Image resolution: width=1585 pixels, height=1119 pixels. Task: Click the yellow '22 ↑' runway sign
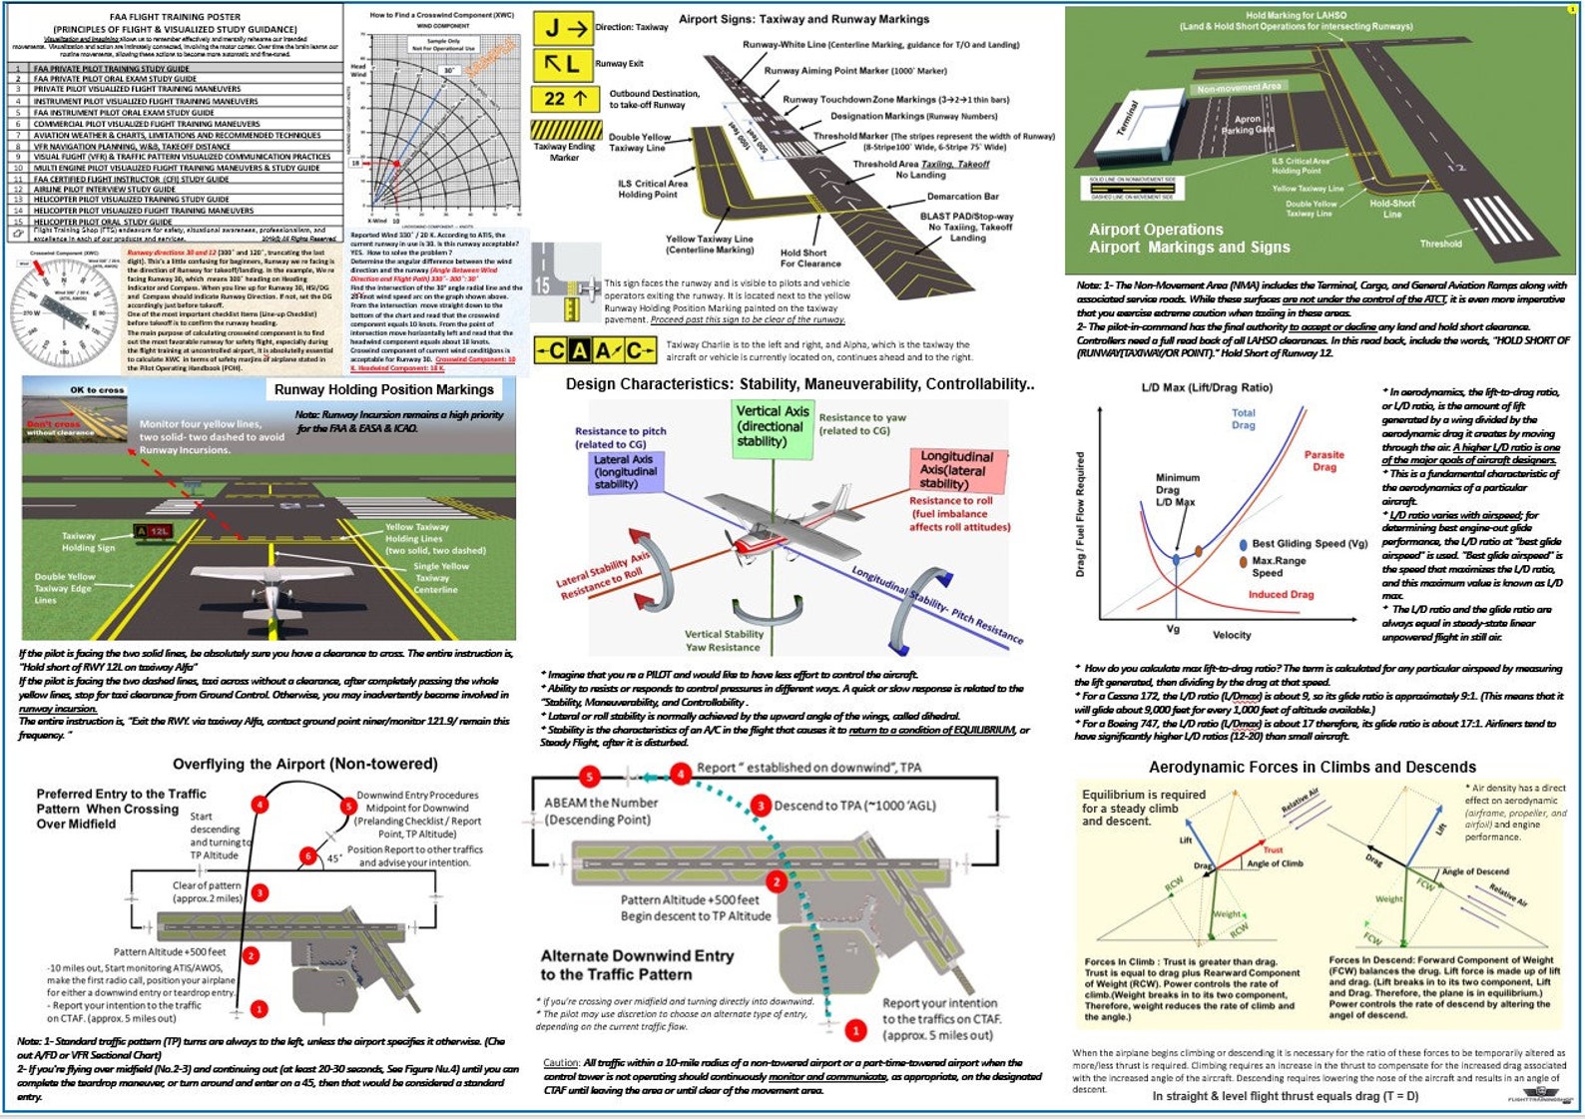pyautogui.click(x=565, y=99)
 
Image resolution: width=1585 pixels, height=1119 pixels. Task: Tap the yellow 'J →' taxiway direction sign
pyautogui.click(x=562, y=29)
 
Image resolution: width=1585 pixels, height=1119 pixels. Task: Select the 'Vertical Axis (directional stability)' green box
pyautogui.click(x=772, y=426)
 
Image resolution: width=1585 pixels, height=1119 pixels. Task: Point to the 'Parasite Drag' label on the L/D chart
pyautogui.click(x=1323, y=460)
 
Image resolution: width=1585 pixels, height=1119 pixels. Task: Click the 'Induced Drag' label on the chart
pyautogui.click(x=1281, y=594)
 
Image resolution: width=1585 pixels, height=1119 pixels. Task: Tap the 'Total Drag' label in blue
pyautogui.click(x=1243, y=418)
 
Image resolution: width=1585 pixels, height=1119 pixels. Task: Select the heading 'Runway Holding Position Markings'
pyautogui.click(x=383, y=389)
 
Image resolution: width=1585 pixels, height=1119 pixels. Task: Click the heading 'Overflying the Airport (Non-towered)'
pyautogui.click(x=304, y=764)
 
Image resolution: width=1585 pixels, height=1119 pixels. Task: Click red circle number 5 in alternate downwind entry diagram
pyautogui.click(x=590, y=777)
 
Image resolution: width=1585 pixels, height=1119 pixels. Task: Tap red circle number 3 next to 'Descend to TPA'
pyautogui.click(x=761, y=806)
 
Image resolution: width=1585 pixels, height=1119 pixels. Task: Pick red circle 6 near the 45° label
pyautogui.click(x=308, y=855)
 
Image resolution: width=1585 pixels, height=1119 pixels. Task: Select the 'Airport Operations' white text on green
pyautogui.click(x=1155, y=230)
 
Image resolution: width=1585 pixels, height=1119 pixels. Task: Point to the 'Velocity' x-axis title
pyautogui.click(x=1231, y=635)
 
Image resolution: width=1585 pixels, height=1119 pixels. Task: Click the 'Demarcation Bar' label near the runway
pyautogui.click(x=962, y=197)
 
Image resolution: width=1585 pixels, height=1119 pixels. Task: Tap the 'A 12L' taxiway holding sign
pyautogui.click(x=154, y=532)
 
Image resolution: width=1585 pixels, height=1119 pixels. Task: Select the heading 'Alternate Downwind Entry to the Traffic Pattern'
pyautogui.click(x=637, y=964)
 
